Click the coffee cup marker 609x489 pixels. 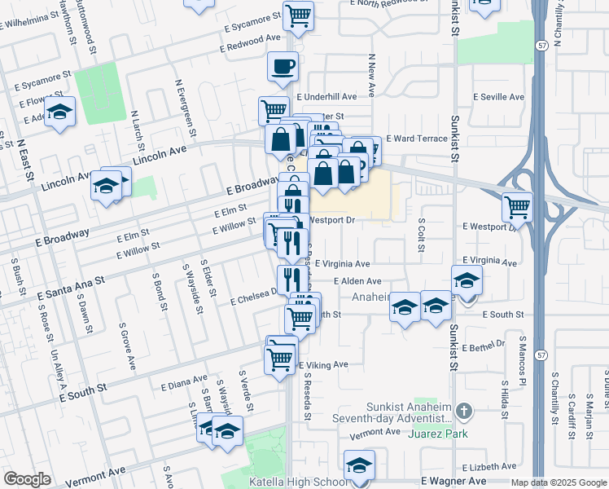[x=283, y=67]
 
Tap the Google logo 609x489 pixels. [x=27, y=479]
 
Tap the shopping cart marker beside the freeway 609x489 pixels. [x=517, y=208]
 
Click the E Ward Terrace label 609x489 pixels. [x=417, y=139]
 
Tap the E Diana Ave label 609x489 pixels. [x=184, y=381]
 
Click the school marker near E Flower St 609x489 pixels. [x=59, y=112]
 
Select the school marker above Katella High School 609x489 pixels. [x=358, y=465]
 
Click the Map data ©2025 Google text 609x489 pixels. [x=559, y=482]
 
